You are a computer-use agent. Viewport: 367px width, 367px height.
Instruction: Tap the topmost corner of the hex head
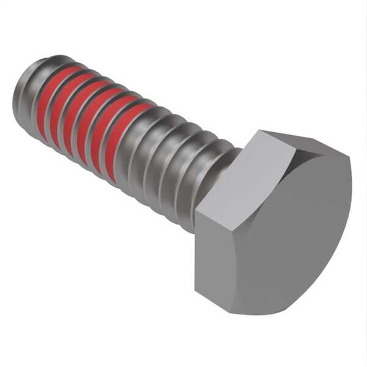point(260,131)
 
